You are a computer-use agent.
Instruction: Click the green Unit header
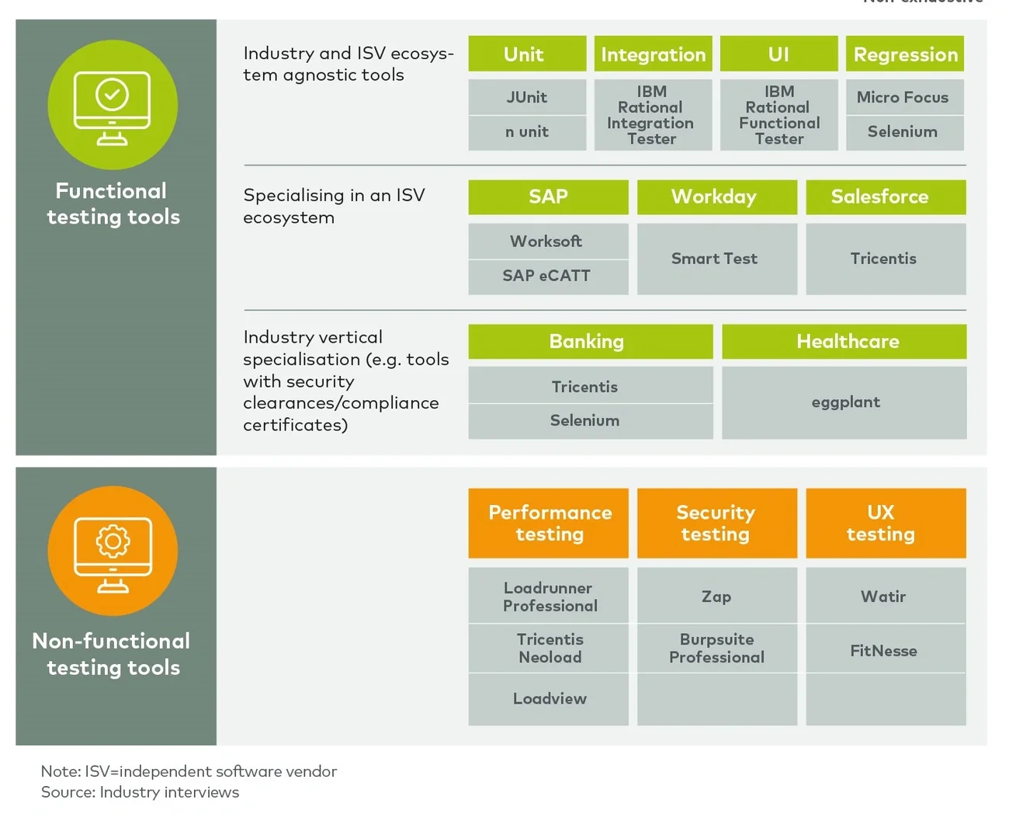pos(527,54)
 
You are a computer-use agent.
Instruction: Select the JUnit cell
pos(527,97)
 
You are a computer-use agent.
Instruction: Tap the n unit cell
pos(527,132)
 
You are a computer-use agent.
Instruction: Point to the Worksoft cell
pos(548,242)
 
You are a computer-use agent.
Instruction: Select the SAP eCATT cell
pos(548,276)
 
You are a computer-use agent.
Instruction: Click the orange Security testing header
pos(716,523)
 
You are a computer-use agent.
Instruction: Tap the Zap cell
pos(716,597)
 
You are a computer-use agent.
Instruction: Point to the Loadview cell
pos(548,699)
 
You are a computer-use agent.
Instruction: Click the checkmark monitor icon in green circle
pos(113,106)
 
